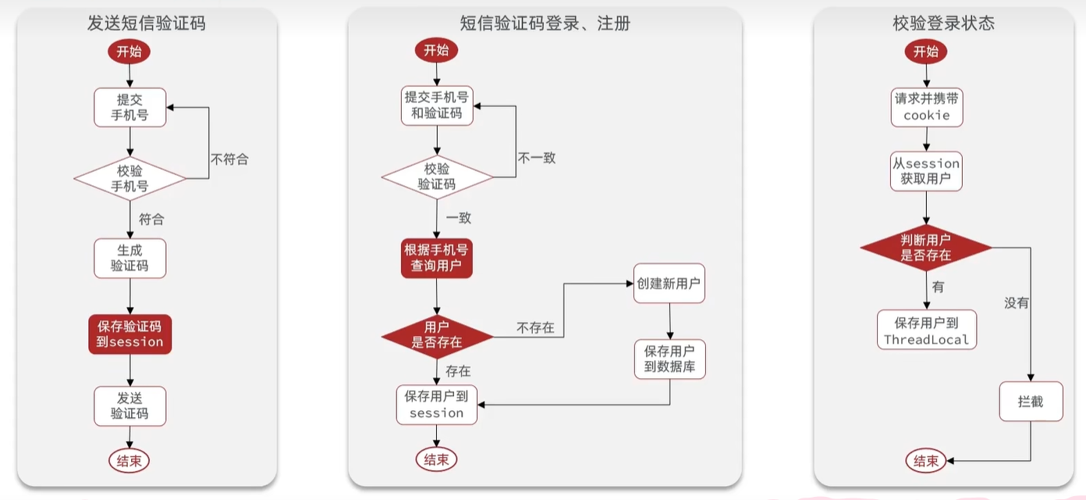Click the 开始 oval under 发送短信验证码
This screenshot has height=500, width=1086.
[130, 52]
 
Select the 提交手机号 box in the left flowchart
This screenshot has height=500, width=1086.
[130, 107]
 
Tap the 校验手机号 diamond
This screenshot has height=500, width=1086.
[130, 179]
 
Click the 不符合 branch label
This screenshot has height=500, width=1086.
[229, 159]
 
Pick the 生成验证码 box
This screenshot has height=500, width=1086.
[130, 258]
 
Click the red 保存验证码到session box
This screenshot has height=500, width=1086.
[130, 334]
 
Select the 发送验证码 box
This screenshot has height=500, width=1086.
[130, 405]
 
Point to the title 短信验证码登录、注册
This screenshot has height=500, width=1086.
[545, 23]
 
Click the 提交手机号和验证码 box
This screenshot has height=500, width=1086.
[437, 105]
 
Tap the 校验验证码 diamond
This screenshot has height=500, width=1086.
[437, 177]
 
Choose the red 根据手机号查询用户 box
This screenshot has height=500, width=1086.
[437, 258]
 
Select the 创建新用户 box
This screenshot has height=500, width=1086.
[669, 284]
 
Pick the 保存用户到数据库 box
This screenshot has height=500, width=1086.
[669, 359]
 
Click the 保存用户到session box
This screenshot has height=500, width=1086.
[437, 405]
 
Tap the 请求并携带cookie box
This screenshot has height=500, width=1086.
[927, 107]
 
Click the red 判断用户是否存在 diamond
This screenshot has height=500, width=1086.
[926, 248]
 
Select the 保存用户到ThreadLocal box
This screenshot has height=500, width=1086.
[927, 330]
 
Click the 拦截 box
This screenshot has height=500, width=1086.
[1031, 402]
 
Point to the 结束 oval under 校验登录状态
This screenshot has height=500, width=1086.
[926, 461]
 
